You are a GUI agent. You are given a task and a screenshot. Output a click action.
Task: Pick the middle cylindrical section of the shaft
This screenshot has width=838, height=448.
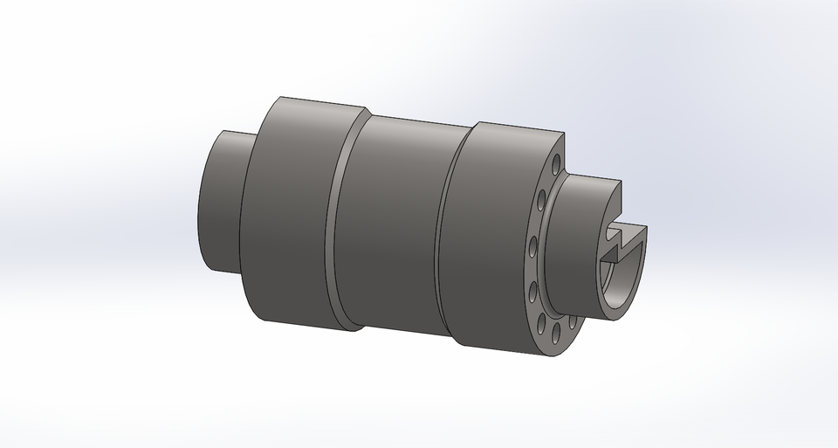click(393, 227)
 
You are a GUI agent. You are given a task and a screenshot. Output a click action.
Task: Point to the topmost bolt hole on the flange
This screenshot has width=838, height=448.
click(556, 163)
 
